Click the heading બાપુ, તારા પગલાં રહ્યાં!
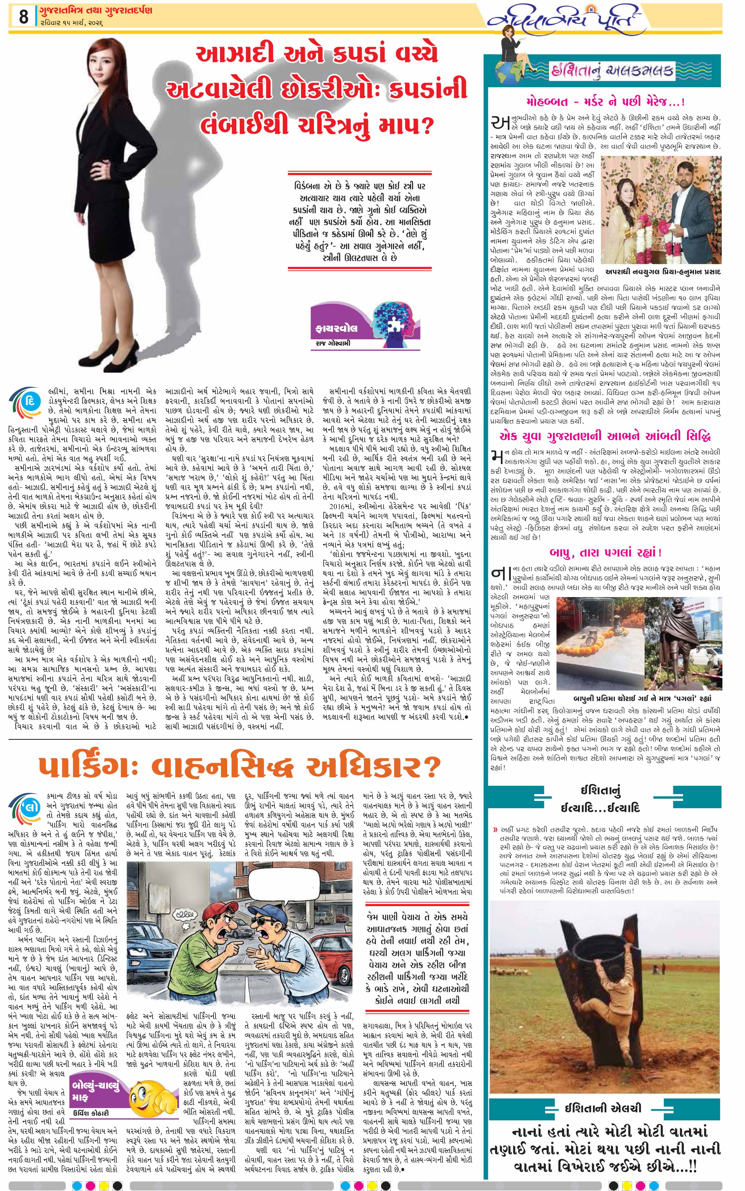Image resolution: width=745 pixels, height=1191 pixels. point(605,552)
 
